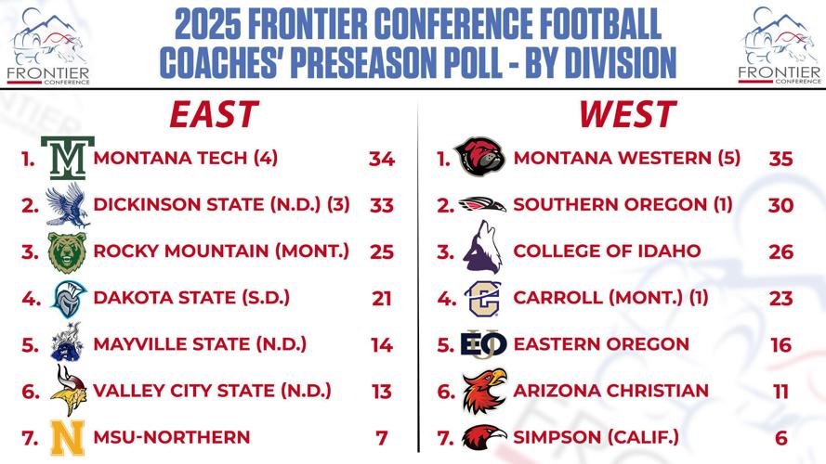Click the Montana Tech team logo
(x=68, y=158)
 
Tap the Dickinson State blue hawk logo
(x=68, y=204)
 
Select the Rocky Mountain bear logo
(x=68, y=251)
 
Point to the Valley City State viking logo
(x=68, y=391)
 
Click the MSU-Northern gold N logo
(x=68, y=437)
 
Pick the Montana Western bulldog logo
(x=480, y=157)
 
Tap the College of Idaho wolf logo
(x=481, y=251)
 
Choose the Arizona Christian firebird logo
(x=484, y=391)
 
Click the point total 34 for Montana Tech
(x=382, y=159)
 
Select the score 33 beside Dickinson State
(x=382, y=205)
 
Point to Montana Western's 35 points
(x=781, y=159)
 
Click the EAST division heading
(x=213, y=114)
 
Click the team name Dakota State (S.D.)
(x=192, y=298)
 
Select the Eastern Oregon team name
(x=601, y=344)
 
